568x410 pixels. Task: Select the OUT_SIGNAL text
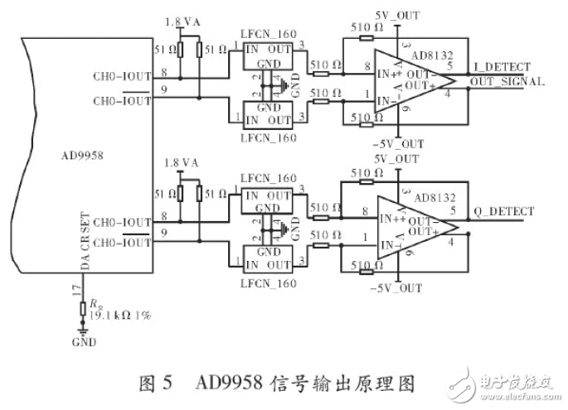(x=507, y=82)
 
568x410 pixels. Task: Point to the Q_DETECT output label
(x=501, y=210)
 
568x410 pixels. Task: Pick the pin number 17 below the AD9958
(x=76, y=290)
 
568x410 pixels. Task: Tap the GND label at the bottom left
(x=85, y=342)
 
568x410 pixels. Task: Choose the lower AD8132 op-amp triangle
(x=410, y=224)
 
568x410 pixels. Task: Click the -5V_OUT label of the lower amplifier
(x=398, y=288)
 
